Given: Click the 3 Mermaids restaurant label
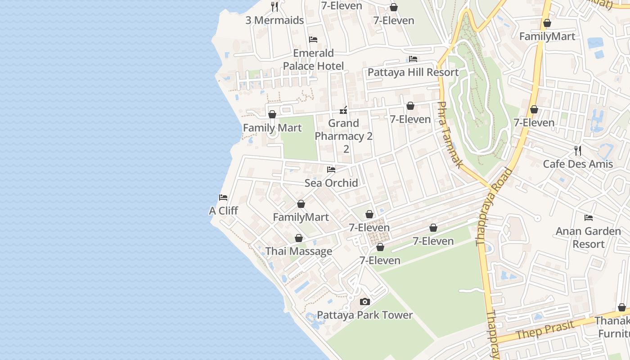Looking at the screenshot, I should (x=274, y=20).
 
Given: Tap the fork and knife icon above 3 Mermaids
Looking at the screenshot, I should (x=274, y=7).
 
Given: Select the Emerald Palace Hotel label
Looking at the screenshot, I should (x=313, y=59).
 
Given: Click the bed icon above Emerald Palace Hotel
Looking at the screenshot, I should (x=313, y=40).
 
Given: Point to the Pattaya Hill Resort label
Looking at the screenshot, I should (x=413, y=72).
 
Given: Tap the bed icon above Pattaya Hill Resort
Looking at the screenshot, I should (x=413, y=59).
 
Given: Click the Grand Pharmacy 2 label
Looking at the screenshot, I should (x=344, y=130).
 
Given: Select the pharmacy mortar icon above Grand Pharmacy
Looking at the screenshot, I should (x=343, y=110).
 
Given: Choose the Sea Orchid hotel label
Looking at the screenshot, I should (x=331, y=183).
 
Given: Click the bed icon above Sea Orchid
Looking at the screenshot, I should (x=331, y=170).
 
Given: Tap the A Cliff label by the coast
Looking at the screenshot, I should (x=223, y=211).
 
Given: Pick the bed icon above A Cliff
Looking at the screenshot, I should (x=223, y=198).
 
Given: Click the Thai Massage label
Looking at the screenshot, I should (x=299, y=251).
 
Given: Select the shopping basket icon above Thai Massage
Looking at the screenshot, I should (x=299, y=238).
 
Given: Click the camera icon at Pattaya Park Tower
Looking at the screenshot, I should (x=365, y=301).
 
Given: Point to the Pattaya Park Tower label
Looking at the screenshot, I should (x=365, y=315).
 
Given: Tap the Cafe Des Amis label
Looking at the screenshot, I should (x=578, y=164).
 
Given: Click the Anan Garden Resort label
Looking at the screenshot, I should (x=588, y=238).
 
